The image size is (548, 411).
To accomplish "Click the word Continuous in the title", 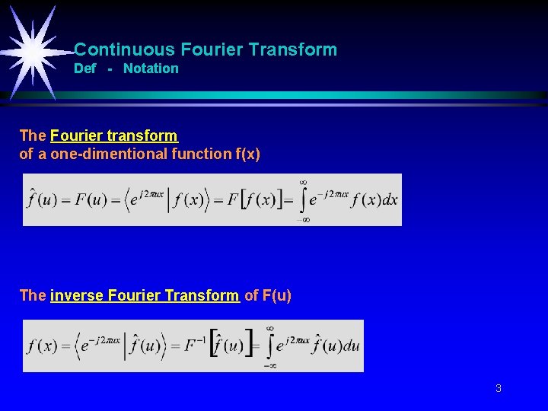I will [x=125, y=50].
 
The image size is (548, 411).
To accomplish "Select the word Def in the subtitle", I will [x=84, y=68].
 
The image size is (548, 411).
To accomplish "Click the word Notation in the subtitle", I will [x=151, y=68].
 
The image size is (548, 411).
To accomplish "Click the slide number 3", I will [x=498, y=388].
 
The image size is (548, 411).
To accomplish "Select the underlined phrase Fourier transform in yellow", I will [x=113, y=135].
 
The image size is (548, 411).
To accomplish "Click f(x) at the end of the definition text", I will [x=247, y=155].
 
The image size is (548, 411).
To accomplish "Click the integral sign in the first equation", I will [x=303, y=200].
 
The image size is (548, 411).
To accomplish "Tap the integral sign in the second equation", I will [x=270, y=346].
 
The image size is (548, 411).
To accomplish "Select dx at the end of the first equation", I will [x=390, y=199].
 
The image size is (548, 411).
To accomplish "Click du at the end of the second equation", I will [x=351, y=346].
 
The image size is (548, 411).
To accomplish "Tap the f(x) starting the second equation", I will [x=43, y=346].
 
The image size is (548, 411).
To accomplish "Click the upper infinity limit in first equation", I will [x=303, y=182].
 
